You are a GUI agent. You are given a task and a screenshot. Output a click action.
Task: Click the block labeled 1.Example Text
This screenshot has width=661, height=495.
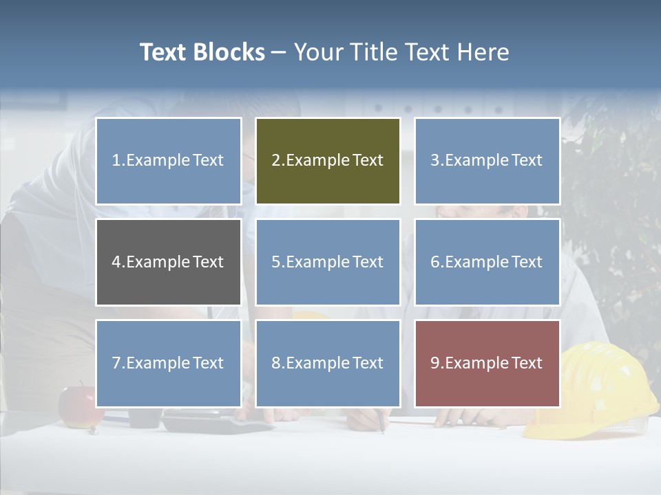click(168, 161)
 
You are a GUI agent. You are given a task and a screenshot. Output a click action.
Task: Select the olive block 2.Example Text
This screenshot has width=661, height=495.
click(328, 161)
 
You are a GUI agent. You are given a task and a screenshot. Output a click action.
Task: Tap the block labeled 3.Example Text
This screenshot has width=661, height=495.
click(487, 161)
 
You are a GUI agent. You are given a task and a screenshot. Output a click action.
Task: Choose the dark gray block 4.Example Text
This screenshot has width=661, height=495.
click(168, 262)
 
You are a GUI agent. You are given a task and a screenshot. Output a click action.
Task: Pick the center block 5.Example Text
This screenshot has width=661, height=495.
click(328, 262)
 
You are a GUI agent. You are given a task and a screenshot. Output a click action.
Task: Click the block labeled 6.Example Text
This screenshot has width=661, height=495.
click(487, 262)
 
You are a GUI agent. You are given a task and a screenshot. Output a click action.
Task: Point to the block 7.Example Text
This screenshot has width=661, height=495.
click(168, 363)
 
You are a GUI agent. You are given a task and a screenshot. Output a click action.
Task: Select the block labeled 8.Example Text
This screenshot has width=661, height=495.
click(328, 363)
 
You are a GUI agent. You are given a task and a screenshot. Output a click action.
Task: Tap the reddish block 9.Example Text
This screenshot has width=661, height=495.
click(487, 363)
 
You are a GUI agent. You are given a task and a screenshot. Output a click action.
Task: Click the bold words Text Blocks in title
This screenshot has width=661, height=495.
click(202, 52)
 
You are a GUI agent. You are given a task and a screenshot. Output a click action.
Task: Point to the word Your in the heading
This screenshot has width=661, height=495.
click(316, 52)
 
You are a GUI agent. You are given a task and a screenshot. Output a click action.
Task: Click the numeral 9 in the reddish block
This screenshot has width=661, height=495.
click(435, 363)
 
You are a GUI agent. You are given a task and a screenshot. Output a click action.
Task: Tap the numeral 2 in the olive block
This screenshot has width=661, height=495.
click(275, 161)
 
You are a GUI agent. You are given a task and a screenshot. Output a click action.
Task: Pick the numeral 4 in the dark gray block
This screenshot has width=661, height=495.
click(116, 262)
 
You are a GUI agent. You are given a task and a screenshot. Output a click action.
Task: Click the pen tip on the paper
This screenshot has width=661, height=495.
click(384, 431)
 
